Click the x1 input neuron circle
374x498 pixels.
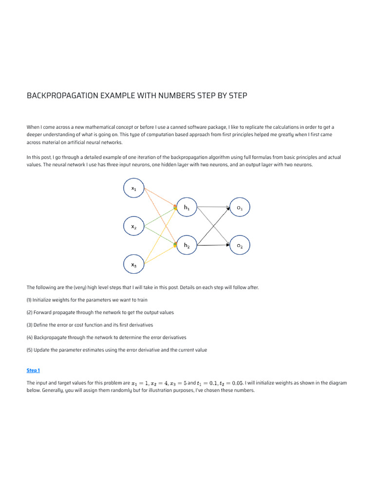(x=134, y=189)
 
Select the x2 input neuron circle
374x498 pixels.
(x=134, y=227)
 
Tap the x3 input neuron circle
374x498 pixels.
(x=134, y=265)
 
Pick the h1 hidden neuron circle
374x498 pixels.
(x=187, y=208)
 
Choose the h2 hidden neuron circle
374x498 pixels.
(x=187, y=246)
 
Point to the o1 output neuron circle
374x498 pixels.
(x=240, y=208)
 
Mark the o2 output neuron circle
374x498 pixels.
(x=240, y=246)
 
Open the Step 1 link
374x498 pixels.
(x=33, y=371)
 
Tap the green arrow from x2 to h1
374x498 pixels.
(x=161, y=217)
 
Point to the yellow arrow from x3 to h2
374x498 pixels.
(x=161, y=255)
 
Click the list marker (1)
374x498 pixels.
(x=30, y=300)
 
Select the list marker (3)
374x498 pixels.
(x=30, y=325)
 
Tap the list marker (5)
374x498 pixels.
(x=30, y=350)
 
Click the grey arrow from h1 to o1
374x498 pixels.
(x=213, y=207)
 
